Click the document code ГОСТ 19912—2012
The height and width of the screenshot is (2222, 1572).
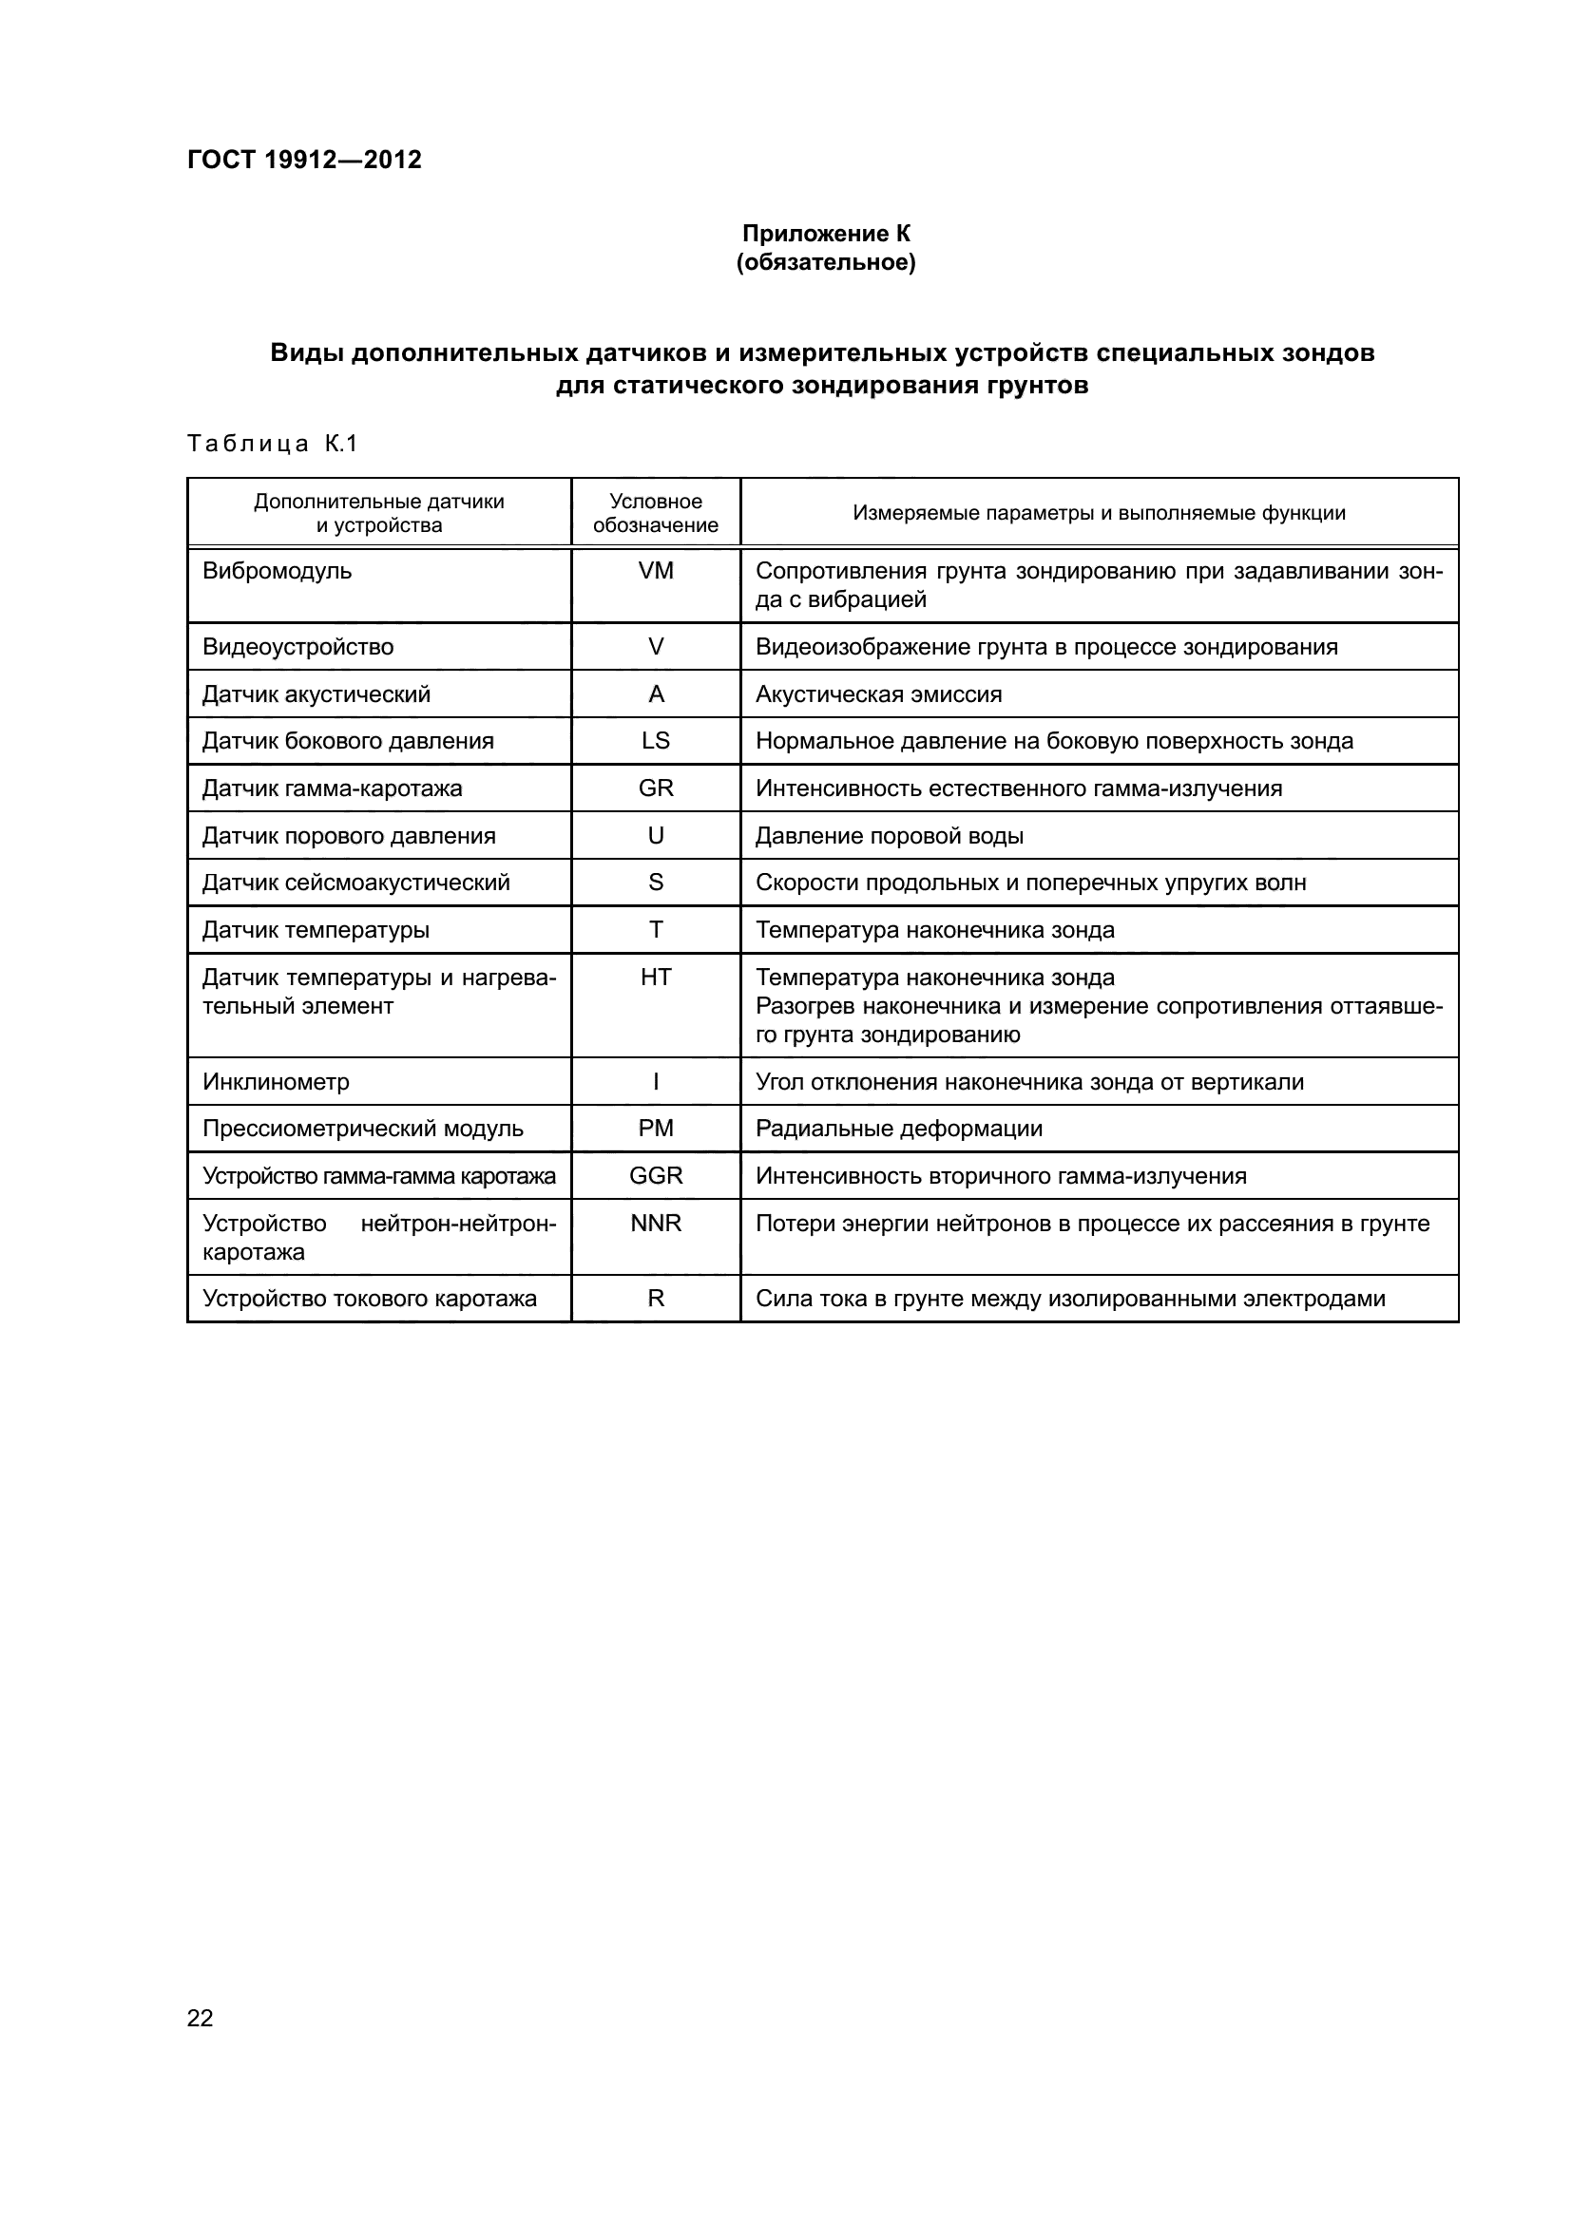click(x=304, y=160)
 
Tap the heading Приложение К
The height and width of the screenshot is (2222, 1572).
click(x=826, y=234)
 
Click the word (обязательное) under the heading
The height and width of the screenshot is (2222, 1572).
click(x=826, y=262)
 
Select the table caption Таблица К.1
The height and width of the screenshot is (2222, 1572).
click(x=272, y=444)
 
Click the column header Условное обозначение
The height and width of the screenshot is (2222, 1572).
click(x=656, y=513)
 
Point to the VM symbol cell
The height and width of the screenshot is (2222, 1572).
click(x=656, y=571)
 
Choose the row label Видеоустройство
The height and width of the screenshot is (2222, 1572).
click(x=298, y=647)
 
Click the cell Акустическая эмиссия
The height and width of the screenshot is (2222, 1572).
click(x=878, y=693)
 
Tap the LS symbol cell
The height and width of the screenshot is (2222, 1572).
click(x=656, y=740)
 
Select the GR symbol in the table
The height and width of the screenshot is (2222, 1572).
click(x=656, y=788)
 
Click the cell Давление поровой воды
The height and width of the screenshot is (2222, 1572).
click(x=889, y=835)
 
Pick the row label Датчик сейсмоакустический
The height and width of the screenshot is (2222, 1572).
click(x=355, y=883)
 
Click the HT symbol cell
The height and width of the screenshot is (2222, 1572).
click(x=656, y=978)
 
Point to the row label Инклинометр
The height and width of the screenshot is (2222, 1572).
click(x=276, y=1082)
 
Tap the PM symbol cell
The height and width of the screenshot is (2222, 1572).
click(x=656, y=1129)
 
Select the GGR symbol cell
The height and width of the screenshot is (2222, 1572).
click(x=656, y=1176)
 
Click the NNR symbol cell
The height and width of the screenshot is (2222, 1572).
click(x=656, y=1224)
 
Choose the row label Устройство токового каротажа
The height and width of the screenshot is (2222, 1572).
click(x=369, y=1299)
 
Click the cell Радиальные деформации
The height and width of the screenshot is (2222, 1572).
click(x=898, y=1129)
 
